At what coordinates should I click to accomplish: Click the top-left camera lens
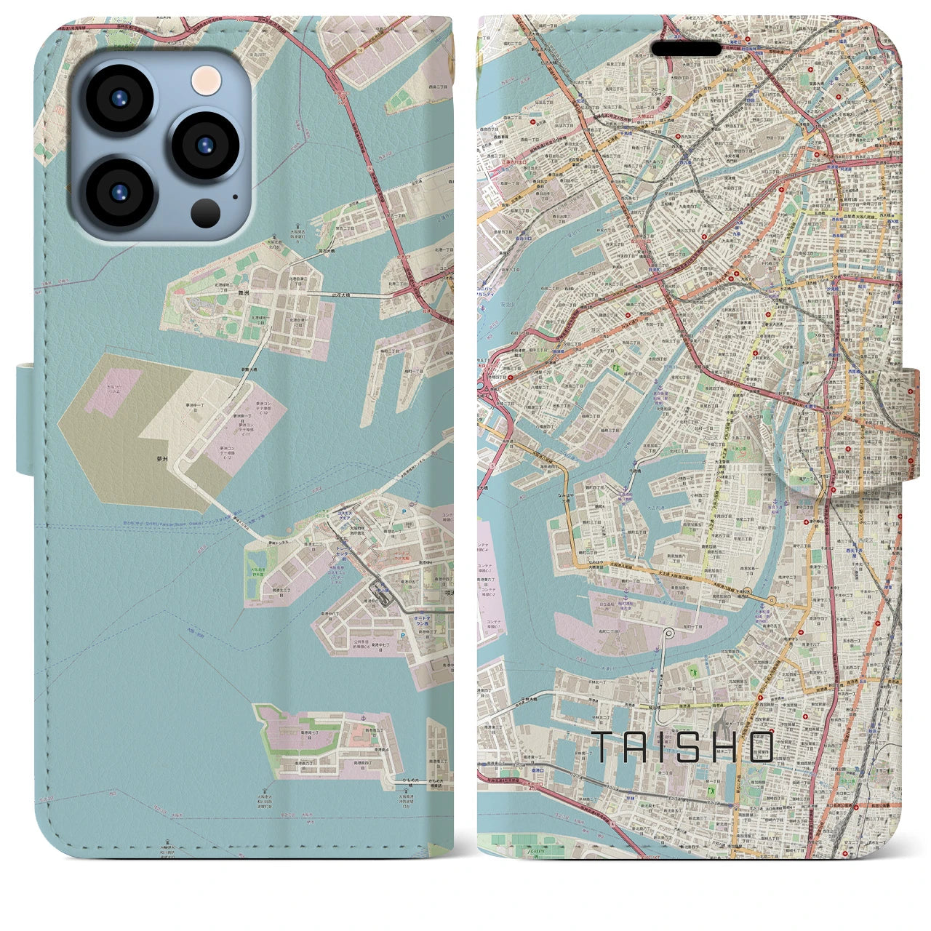click(119, 98)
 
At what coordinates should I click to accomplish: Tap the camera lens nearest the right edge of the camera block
click(206, 143)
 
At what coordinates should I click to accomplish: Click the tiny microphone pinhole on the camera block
click(235, 196)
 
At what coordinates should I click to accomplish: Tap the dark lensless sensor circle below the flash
click(207, 213)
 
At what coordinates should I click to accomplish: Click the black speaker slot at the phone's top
click(686, 49)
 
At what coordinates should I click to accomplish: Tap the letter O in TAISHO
click(760, 747)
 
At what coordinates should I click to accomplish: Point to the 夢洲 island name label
click(161, 460)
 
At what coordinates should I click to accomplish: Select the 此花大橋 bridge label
click(359, 295)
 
